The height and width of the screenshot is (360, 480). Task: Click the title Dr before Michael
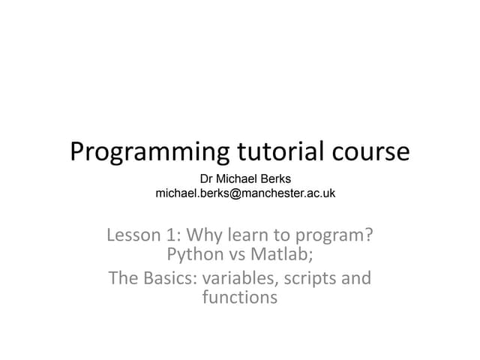point(208,178)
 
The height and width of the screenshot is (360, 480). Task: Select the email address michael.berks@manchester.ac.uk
point(245,193)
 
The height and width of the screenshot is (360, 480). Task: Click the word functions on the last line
point(240,298)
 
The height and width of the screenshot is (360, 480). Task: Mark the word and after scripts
point(356,278)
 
